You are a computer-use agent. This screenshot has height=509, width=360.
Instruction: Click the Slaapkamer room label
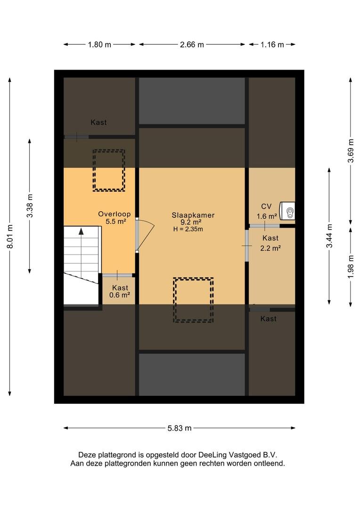click(193, 215)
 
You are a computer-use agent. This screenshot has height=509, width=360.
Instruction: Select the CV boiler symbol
click(288, 211)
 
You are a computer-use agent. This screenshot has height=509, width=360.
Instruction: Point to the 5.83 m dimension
click(180, 428)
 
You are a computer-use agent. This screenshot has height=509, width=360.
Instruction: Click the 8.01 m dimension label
click(10, 237)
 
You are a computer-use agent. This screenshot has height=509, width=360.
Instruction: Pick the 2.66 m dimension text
click(192, 44)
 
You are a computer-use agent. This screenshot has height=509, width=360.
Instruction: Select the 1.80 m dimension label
click(99, 44)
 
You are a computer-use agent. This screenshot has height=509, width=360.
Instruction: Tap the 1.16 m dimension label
click(272, 44)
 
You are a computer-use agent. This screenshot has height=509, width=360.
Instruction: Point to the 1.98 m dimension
click(351, 266)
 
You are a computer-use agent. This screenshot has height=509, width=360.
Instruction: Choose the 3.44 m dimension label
click(329, 236)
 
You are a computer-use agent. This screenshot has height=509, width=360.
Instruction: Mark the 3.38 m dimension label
click(30, 206)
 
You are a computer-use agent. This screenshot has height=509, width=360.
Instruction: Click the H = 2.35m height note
click(188, 229)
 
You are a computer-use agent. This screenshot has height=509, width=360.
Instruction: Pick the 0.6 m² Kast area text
click(120, 295)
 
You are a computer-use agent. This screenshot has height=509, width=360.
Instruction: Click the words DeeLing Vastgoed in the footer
click(230, 455)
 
